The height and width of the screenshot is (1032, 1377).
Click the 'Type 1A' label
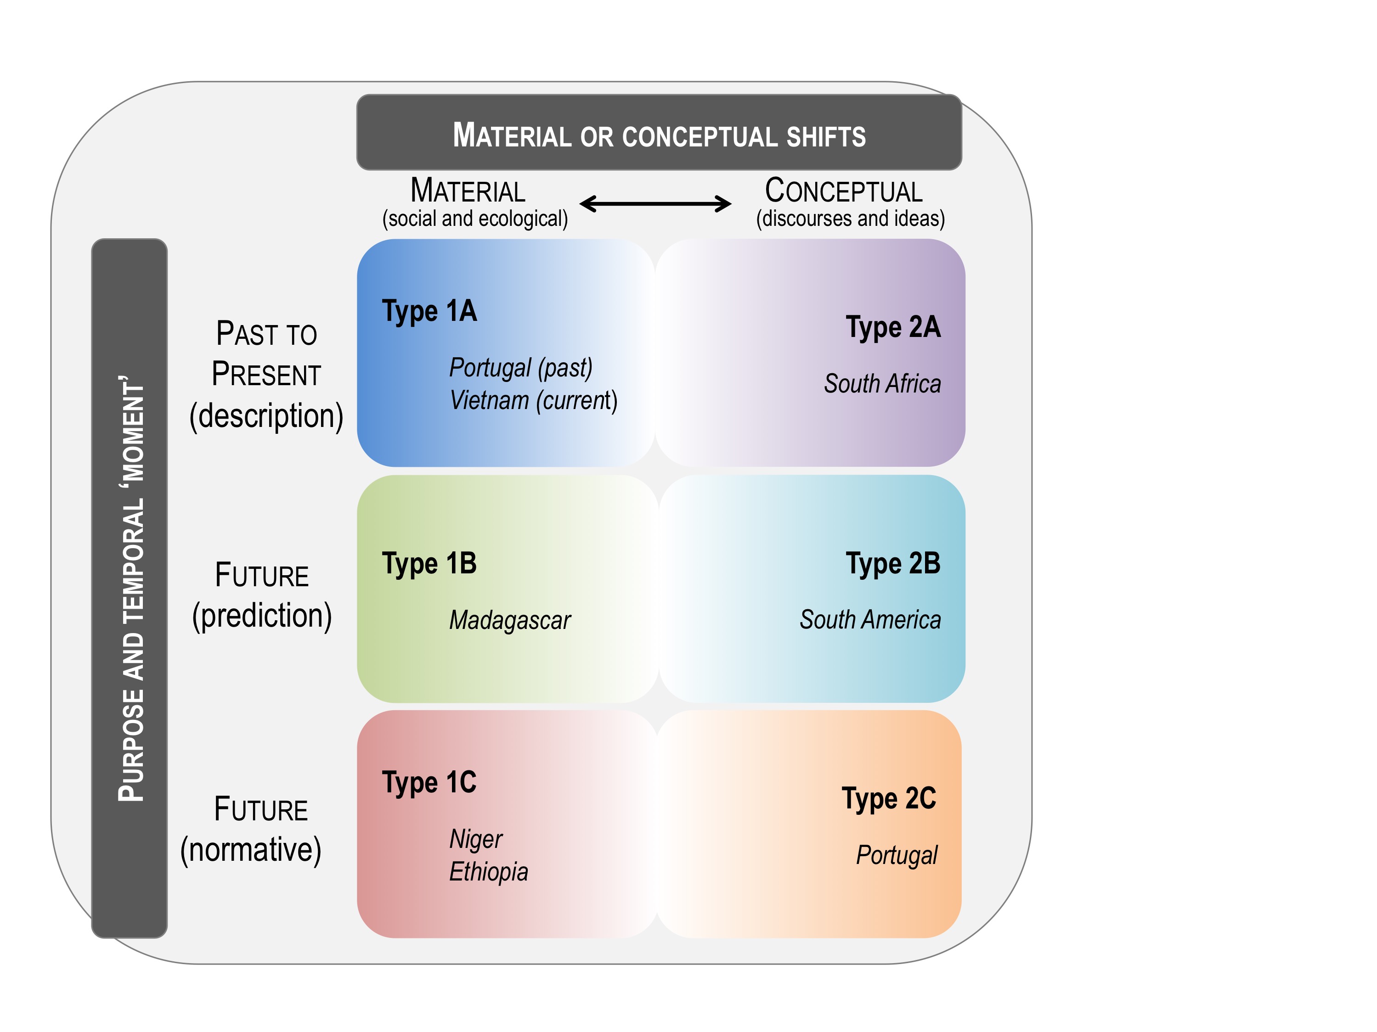point(429,311)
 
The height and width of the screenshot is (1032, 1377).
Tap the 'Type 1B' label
point(429,564)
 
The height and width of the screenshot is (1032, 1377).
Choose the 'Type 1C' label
point(429,783)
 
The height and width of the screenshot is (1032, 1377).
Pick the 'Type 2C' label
point(888,799)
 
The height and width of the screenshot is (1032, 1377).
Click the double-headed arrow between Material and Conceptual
point(655,203)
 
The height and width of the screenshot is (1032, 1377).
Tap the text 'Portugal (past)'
point(520,368)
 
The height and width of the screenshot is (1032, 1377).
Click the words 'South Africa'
point(882,384)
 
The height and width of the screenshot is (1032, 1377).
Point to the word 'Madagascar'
point(510,620)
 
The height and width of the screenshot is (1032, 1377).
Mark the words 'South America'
point(869,620)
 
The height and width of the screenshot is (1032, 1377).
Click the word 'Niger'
point(475,839)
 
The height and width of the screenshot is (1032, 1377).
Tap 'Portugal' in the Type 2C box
point(897,855)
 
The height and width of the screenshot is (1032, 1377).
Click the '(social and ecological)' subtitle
point(475,219)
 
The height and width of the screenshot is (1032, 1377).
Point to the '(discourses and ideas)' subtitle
point(850,219)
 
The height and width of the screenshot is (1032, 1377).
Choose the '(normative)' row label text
point(251,850)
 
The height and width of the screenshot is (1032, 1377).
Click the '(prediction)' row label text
point(262,616)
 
